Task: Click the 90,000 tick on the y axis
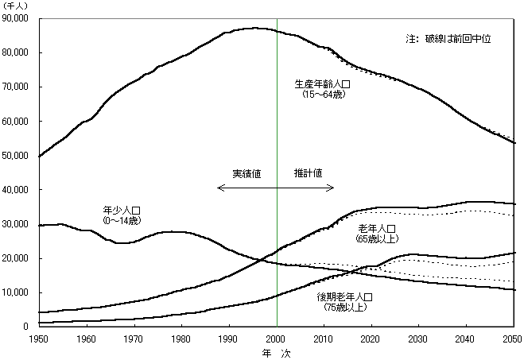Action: [x=15, y=18]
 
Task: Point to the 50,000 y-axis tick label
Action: [x=15, y=156]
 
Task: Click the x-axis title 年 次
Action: [x=277, y=351]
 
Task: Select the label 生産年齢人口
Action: [x=322, y=84]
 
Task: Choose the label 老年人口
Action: [x=378, y=228]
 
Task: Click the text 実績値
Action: [x=246, y=173]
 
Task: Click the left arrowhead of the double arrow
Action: [x=219, y=188]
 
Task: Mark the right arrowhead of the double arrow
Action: [x=332, y=188]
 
